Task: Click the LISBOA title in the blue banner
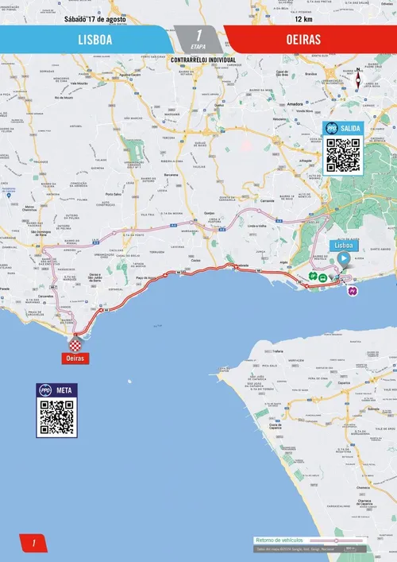[x=94, y=38]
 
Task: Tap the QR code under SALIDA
[x=343, y=155]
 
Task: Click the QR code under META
[x=57, y=417]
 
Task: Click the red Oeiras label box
[x=75, y=359]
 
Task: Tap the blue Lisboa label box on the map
[x=344, y=246]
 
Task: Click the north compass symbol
[x=359, y=79]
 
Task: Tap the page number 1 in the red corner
[x=33, y=543]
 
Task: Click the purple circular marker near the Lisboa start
[x=353, y=291]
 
